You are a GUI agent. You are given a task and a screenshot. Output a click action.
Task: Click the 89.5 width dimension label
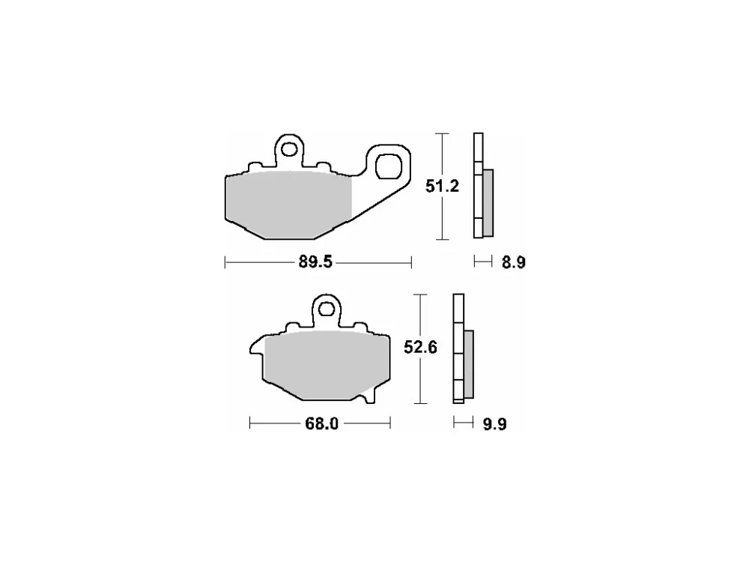(315, 262)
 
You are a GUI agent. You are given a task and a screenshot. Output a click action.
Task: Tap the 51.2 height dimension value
(443, 186)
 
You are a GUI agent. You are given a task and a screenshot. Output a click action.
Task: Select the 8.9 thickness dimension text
(514, 262)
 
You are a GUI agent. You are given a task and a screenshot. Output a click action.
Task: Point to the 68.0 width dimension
(321, 424)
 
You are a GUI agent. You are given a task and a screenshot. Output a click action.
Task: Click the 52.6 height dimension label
(420, 348)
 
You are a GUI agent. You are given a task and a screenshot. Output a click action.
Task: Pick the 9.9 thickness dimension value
(494, 424)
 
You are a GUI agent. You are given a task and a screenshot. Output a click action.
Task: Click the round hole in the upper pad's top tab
(289, 150)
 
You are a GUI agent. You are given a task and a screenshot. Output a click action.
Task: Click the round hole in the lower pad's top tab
(327, 309)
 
